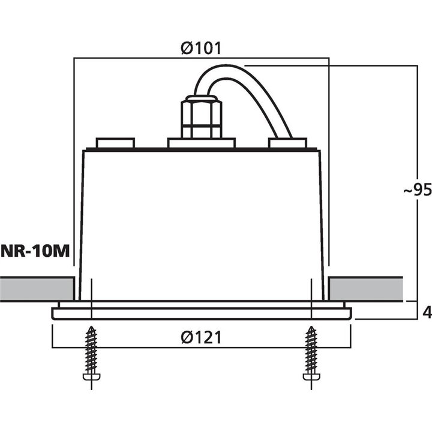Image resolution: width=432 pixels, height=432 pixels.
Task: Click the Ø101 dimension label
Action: click(x=200, y=48)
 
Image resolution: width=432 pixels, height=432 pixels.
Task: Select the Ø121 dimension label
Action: click(x=201, y=338)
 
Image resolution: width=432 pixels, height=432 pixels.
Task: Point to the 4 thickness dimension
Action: click(x=427, y=312)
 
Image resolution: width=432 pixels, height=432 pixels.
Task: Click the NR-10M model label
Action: click(x=35, y=251)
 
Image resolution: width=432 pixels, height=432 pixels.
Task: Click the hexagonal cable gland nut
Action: click(x=201, y=117)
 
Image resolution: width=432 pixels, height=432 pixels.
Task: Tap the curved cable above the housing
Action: click(x=252, y=90)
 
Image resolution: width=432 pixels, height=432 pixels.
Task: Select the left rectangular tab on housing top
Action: click(x=115, y=143)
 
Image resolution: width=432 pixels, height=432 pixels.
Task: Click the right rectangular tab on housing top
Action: click(x=287, y=143)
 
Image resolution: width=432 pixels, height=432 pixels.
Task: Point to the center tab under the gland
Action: click(x=201, y=143)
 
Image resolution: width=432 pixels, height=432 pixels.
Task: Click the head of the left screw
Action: click(x=91, y=377)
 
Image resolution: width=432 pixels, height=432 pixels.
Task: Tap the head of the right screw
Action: click(x=311, y=377)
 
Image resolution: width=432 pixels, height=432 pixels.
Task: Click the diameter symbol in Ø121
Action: click(x=186, y=338)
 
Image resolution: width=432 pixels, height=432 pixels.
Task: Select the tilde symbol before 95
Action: click(x=407, y=191)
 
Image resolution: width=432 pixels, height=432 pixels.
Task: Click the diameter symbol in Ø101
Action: click(x=186, y=48)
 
